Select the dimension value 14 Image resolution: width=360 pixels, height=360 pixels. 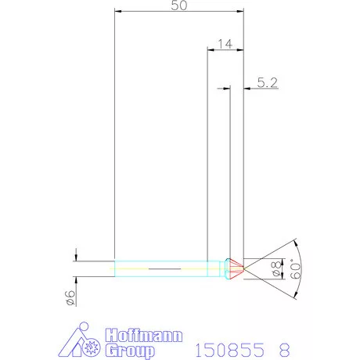[224, 44]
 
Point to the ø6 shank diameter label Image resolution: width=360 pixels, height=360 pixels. [69, 296]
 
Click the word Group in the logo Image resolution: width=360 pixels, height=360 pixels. [130, 350]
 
